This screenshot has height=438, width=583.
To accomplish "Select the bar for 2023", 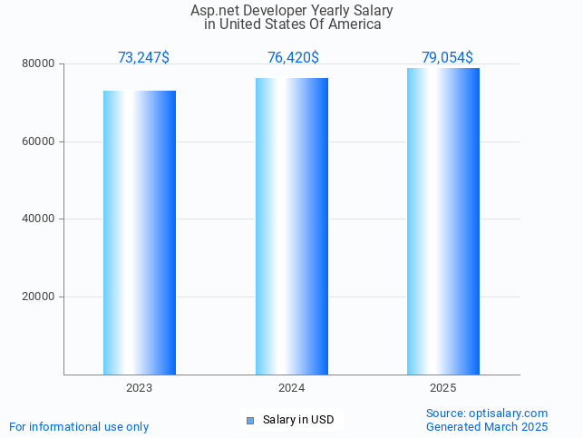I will point(140,232).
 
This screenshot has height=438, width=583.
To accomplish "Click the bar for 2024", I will point(292,226).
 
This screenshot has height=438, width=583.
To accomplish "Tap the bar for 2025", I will point(443,221).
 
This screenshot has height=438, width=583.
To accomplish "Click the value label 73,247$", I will point(143,58).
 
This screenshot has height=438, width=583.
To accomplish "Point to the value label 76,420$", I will point(293,58).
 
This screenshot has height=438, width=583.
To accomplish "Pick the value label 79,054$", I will point(447,58).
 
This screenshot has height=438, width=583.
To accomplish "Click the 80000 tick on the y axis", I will point(39,64).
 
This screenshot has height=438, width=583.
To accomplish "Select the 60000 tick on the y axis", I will point(39,141).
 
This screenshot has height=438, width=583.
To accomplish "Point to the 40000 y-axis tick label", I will point(39,219).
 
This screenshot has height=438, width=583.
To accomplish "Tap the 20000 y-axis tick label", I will point(39,297).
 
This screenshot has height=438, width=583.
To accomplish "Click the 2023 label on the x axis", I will point(140,387).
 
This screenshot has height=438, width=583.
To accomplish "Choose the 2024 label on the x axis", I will point(292,387).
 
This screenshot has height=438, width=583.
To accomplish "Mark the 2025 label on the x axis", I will point(443,387).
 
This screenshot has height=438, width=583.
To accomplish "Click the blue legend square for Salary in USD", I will point(250,420).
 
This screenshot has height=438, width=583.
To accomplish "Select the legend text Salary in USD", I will point(298,420).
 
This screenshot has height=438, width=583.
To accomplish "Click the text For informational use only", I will point(79,426).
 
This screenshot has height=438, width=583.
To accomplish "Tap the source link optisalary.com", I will point(508,413).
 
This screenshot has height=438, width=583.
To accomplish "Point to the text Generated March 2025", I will point(487,426).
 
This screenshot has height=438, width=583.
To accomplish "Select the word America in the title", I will point(354,24).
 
